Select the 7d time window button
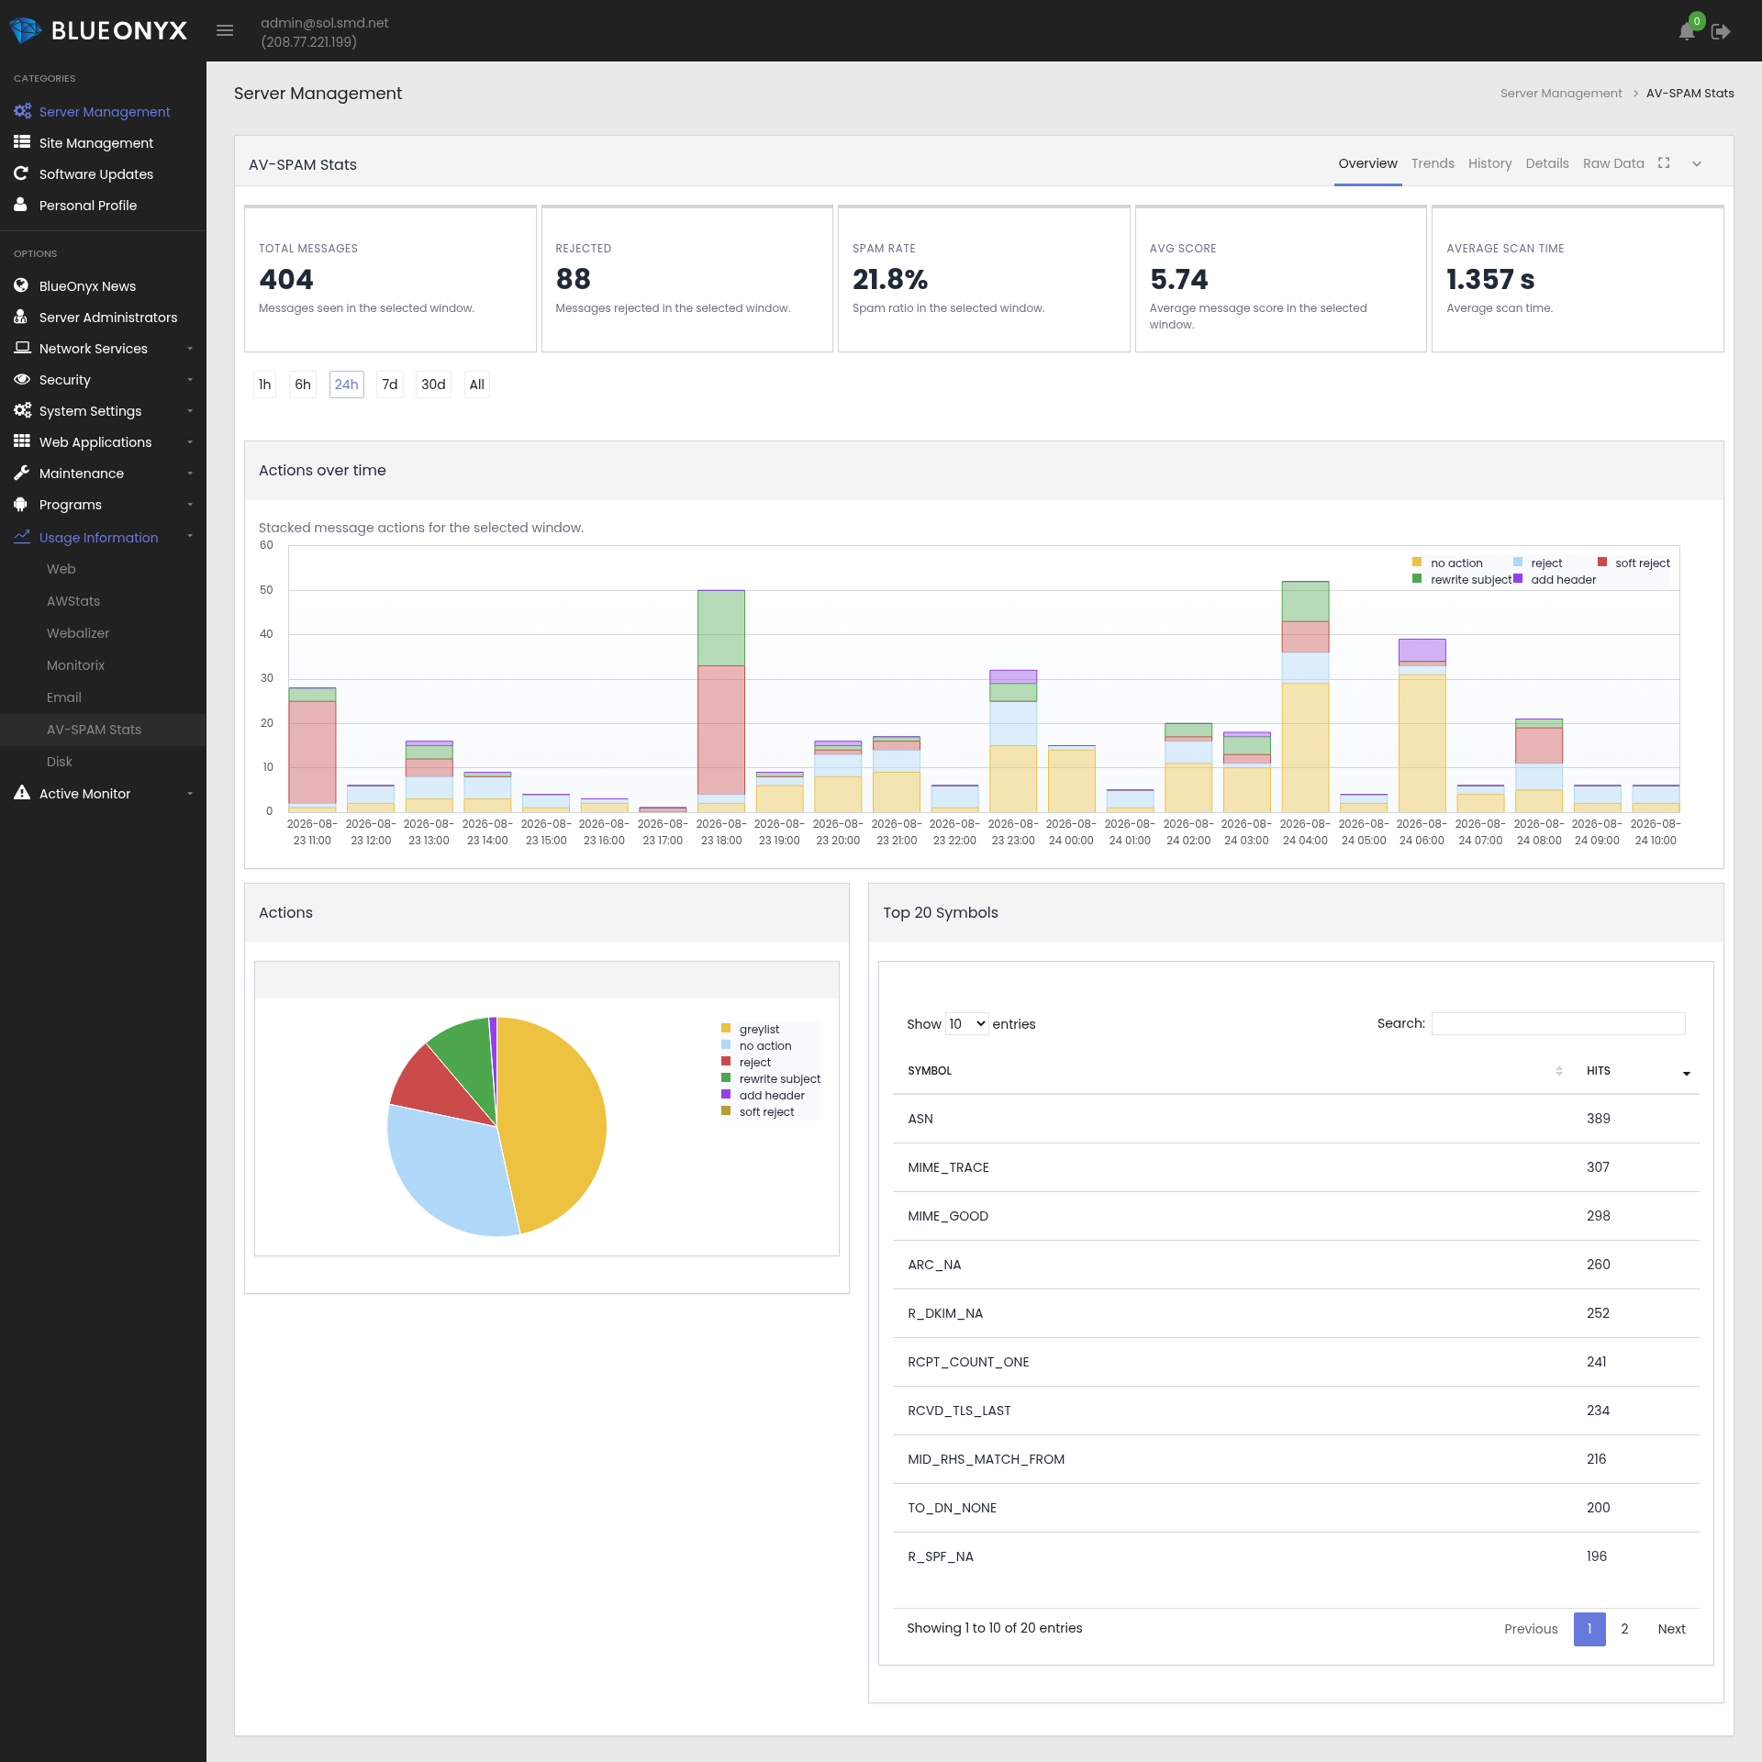coord(390,385)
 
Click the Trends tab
coord(1433,163)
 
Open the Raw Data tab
coord(1613,163)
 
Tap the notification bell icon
coord(1687,31)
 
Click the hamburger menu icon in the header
coord(225,30)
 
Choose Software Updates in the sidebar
coord(96,174)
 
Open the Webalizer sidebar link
coord(78,633)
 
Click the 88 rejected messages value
coord(574,279)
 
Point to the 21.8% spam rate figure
coord(890,279)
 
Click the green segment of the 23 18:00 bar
coord(721,628)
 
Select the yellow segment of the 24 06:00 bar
coord(1422,743)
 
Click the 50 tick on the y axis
coord(266,590)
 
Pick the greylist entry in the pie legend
coord(759,1030)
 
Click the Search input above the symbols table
coord(1558,1023)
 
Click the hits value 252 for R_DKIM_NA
coord(1598,1313)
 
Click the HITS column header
coord(1599,1071)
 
